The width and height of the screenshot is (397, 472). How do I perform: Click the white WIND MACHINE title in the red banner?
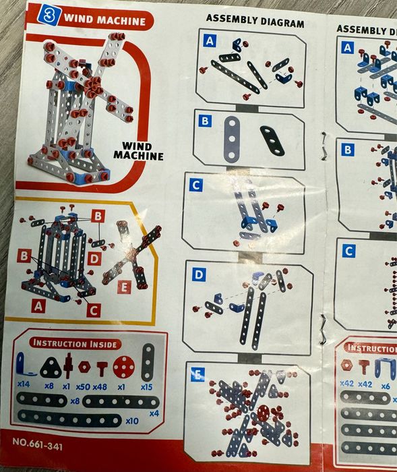(x=104, y=20)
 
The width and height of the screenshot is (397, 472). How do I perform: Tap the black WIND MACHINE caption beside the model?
(x=138, y=151)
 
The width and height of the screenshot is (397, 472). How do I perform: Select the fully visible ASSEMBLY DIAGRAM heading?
(x=255, y=21)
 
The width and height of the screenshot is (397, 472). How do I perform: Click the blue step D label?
(x=199, y=274)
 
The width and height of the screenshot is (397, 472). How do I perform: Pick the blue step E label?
(x=197, y=374)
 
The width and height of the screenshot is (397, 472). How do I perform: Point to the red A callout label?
(x=38, y=305)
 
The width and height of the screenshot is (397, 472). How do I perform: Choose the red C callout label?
(x=93, y=309)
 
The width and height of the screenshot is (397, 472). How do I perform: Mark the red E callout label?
(x=124, y=287)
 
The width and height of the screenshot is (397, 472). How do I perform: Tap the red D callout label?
(x=94, y=258)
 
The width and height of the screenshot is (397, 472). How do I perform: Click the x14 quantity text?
(x=24, y=384)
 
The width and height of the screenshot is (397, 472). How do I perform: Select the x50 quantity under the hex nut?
(x=83, y=386)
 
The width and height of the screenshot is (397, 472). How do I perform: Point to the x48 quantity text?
(x=100, y=386)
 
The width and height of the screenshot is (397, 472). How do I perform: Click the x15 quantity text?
(x=146, y=387)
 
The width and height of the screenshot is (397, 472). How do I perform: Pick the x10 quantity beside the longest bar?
(x=132, y=421)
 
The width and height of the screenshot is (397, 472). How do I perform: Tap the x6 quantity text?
(x=386, y=386)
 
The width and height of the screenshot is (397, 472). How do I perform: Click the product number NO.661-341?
(x=38, y=444)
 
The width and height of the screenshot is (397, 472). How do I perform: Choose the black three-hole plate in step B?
(x=272, y=140)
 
